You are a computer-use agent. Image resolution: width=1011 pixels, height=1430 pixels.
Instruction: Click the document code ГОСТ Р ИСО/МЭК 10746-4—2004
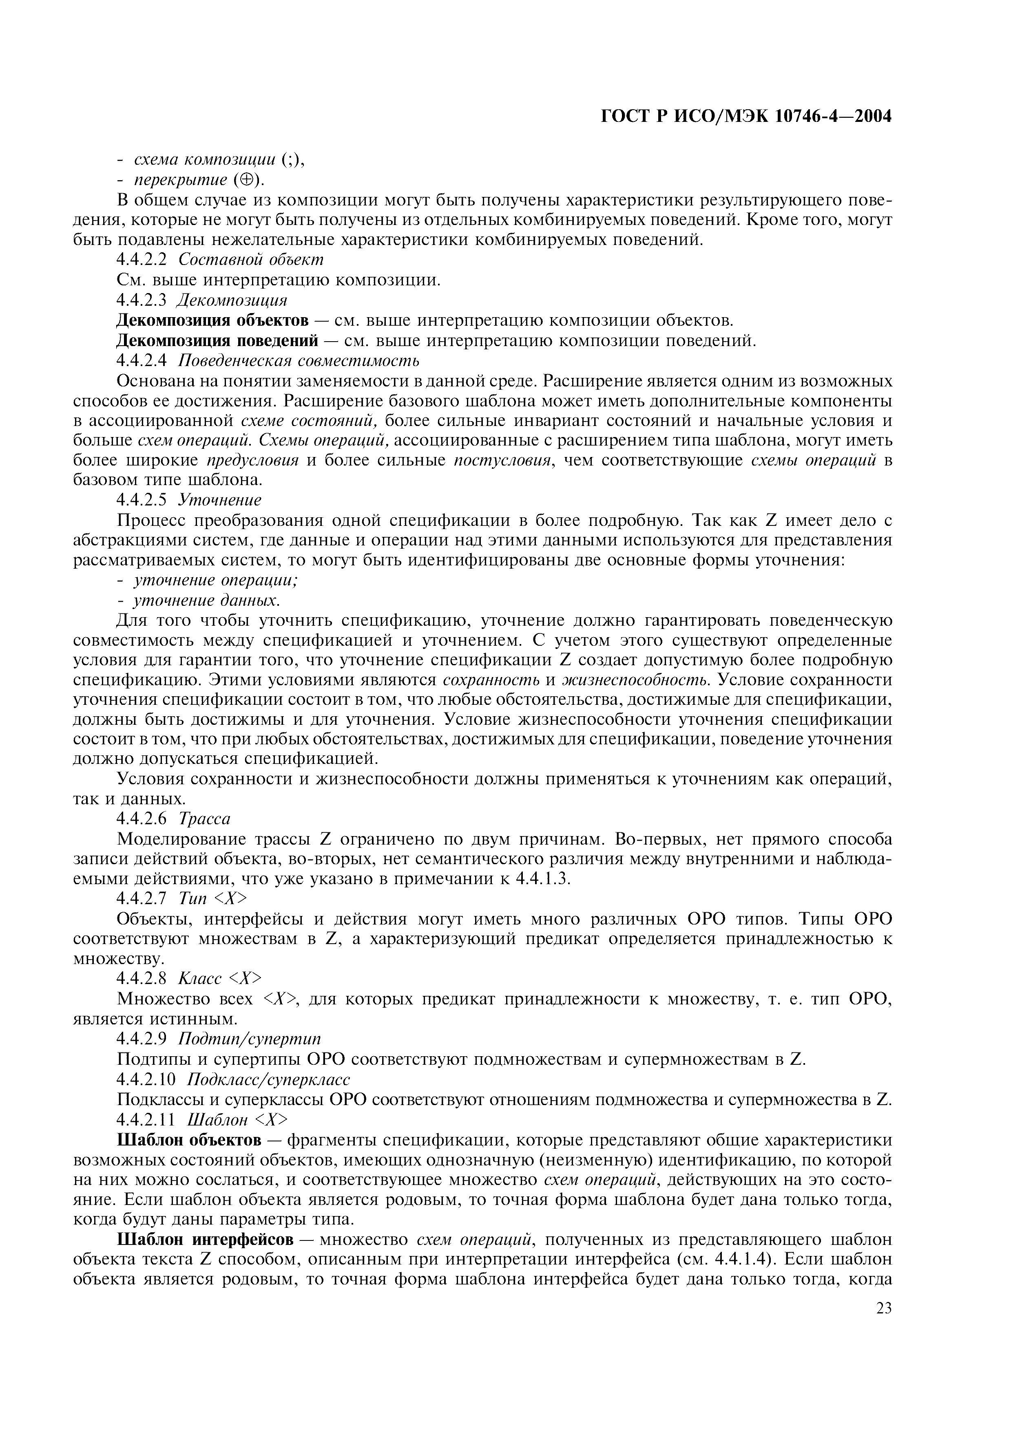point(746,117)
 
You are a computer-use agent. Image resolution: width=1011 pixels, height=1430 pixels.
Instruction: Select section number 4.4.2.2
point(142,260)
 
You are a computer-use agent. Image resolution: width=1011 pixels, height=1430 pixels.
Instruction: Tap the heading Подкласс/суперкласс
point(268,1079)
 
